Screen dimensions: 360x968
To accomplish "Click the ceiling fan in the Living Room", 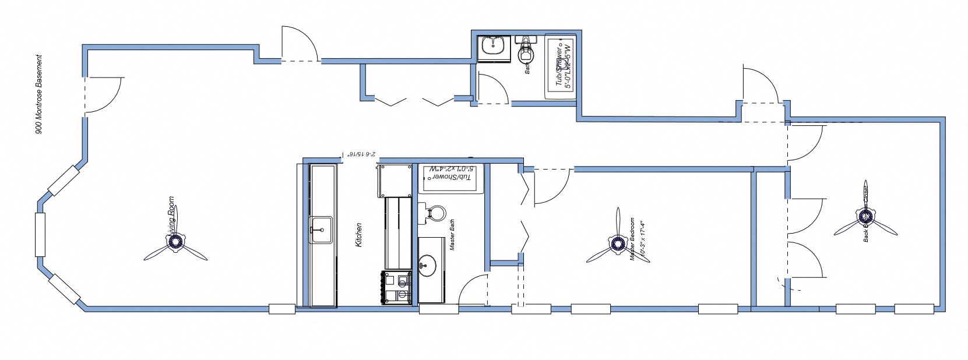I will (175, 243).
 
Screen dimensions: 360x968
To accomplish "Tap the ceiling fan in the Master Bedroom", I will (617, 244).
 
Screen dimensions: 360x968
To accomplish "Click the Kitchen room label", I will (359, 234).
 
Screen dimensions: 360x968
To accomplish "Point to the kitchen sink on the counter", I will (320, 228).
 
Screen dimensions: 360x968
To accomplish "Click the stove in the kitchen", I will (396, 287).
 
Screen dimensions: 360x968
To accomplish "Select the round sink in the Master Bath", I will (428, 266).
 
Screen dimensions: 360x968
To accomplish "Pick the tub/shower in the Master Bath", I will (451, 178).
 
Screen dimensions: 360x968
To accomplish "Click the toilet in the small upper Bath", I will (527, 50).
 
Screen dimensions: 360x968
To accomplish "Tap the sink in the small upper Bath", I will (495, 47).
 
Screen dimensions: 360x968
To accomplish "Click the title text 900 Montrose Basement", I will (40, 94).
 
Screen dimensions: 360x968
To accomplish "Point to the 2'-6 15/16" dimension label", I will (361, 155).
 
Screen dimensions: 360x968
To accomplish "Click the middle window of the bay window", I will (40, 235).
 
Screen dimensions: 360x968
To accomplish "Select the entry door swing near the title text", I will (104, 94).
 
